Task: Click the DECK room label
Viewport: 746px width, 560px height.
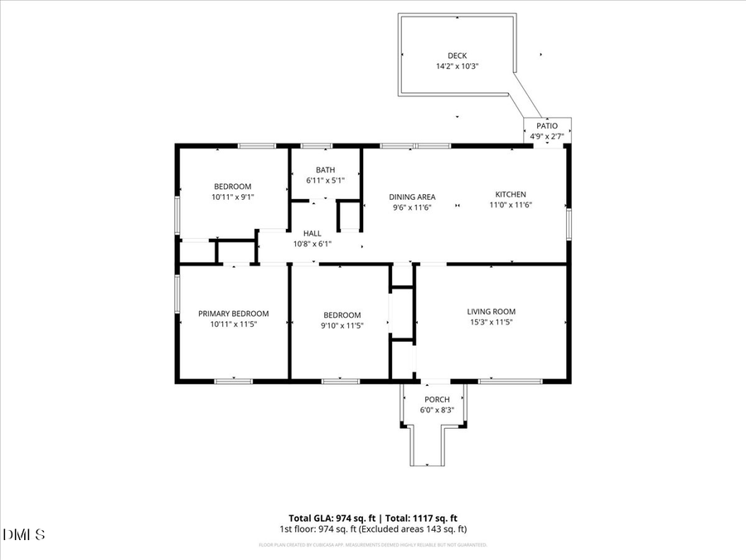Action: click(458, 56)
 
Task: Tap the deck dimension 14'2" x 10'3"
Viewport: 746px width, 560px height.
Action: click(458, 66)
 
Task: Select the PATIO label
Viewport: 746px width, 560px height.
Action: click(547, 126)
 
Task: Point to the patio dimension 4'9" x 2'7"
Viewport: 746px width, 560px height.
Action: click(547, 136)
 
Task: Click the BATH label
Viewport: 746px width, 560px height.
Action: click(325, 170)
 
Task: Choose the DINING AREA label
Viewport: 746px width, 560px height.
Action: click(412, 197)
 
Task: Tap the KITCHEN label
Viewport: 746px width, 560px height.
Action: click(511, 194)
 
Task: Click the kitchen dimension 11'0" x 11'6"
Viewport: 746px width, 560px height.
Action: click(511, 205)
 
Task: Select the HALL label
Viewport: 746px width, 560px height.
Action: click(312, 233)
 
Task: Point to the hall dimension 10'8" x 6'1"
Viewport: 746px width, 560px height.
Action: click(312, 244)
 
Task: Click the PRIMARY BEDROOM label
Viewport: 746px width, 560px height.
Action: click(233, 314)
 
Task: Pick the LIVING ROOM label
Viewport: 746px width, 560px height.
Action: click(492, 312)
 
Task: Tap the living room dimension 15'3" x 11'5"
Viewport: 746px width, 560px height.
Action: click(492, 323)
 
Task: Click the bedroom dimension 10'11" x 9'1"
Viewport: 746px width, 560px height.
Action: click(232, 197)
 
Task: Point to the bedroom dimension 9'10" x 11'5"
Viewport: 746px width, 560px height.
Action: click(342, 325)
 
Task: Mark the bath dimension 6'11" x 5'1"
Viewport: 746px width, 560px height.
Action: click(325, 180)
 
